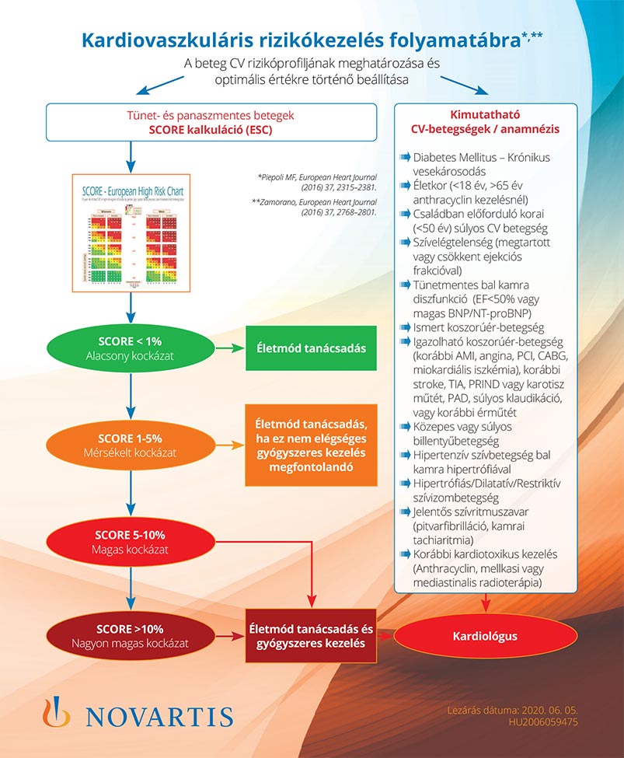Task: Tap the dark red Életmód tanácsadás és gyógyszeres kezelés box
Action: pos(311,636)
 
